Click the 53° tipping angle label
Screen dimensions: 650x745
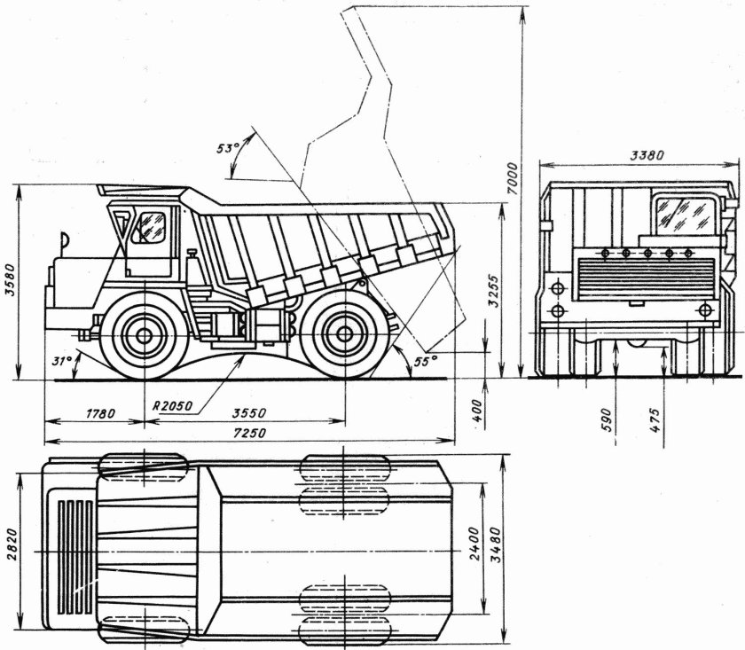pos(228,148)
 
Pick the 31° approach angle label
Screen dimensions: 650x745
pos(60,361)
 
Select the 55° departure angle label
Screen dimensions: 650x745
pos(427,361)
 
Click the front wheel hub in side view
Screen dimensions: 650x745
pos(137,336)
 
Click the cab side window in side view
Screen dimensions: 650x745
pos(149,227)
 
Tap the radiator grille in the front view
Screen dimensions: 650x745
pos(632,279)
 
